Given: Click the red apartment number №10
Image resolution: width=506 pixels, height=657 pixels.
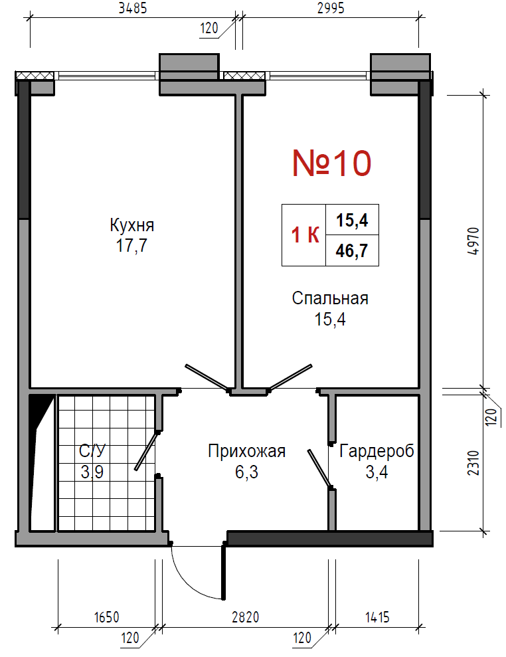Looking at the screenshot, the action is tap(331, 163).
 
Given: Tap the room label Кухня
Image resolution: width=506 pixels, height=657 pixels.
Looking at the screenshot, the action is tap(132, 225).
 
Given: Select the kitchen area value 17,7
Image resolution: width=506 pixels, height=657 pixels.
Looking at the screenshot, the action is tap(132, 245).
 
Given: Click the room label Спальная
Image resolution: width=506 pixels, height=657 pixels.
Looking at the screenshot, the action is tap(330, 298).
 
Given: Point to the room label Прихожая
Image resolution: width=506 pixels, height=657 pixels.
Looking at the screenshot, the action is tap(247, 451).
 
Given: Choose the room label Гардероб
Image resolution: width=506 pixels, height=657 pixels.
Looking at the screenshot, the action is tap(377, 451).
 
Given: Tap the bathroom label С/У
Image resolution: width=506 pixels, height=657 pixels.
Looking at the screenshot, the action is tap(92, 451).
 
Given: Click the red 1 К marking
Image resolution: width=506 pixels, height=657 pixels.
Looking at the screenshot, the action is tap(305, 235).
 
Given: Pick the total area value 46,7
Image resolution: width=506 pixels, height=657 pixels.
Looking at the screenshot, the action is tap(352, 250).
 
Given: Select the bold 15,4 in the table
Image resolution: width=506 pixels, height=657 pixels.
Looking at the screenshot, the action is tap(352, 220).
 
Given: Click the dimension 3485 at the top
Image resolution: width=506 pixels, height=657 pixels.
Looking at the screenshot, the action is tap(133, 8).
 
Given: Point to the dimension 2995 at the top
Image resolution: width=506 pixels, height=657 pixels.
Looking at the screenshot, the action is tap(331, 8).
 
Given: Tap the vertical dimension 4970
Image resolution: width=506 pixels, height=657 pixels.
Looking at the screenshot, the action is tap(473, 241).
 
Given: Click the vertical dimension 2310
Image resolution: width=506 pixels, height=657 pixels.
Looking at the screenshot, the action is tap(473, 462).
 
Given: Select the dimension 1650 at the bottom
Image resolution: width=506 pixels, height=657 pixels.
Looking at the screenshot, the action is tap(106, 617).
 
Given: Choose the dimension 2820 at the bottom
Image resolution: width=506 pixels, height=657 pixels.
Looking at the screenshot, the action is tap(246, 617).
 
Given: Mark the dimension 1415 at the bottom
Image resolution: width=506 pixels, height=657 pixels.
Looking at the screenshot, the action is tap(377, 617).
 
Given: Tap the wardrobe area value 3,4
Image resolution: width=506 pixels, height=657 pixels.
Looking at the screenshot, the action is tap(377, 472).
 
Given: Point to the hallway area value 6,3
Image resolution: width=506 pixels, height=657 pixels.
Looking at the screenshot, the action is tap(247, 472).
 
